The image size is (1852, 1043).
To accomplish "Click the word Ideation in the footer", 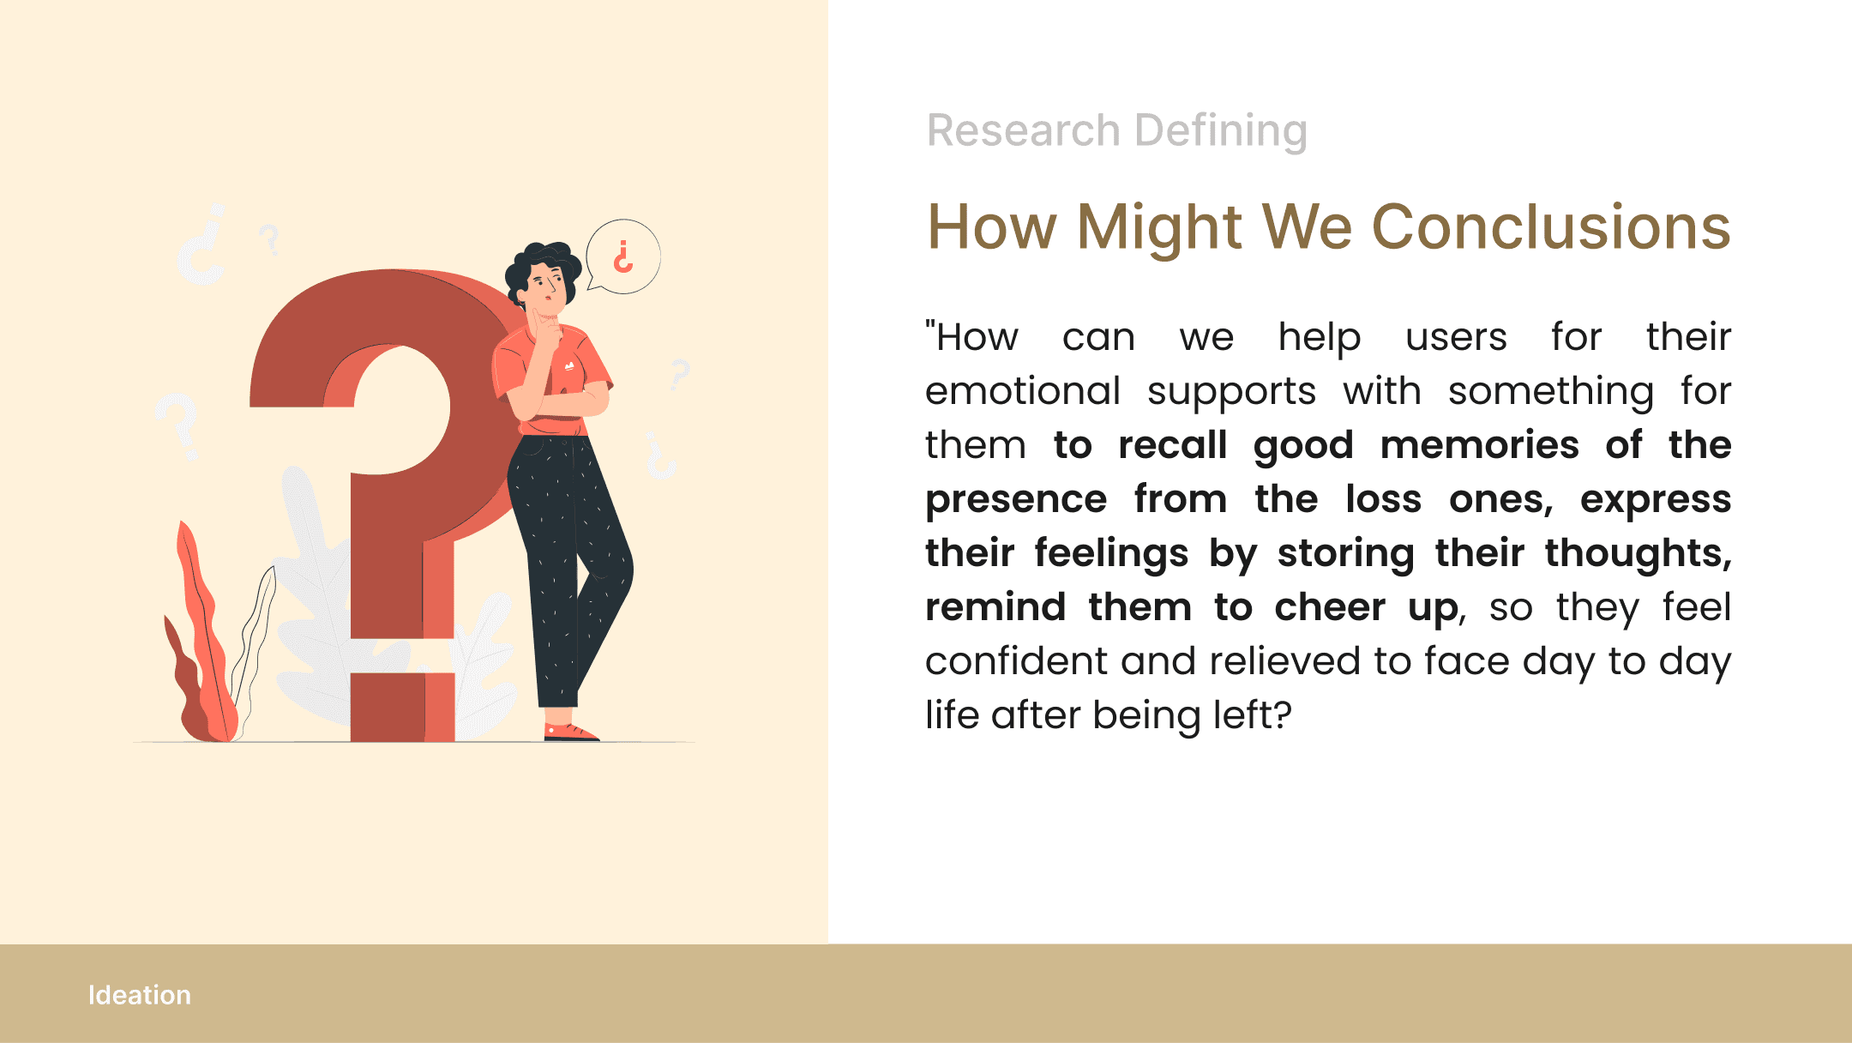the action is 140,995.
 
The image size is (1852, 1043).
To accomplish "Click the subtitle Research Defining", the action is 1117,131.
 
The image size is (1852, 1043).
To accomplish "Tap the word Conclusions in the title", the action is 1551,227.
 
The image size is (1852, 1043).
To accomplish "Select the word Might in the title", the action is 1160,227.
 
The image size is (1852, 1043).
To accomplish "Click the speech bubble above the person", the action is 623,256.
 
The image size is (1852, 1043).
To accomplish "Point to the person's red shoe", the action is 571,732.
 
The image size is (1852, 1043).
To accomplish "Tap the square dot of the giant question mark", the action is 402,707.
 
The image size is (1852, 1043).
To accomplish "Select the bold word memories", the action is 1480,445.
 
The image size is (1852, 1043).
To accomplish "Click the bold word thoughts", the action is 1639,553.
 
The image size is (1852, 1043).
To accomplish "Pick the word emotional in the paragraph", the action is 1023,391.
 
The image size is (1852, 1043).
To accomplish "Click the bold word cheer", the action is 1330,607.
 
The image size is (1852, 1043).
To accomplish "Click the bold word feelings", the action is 1111,553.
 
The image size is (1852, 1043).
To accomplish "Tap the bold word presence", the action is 1016,500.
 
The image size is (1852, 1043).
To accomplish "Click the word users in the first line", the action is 1456,337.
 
